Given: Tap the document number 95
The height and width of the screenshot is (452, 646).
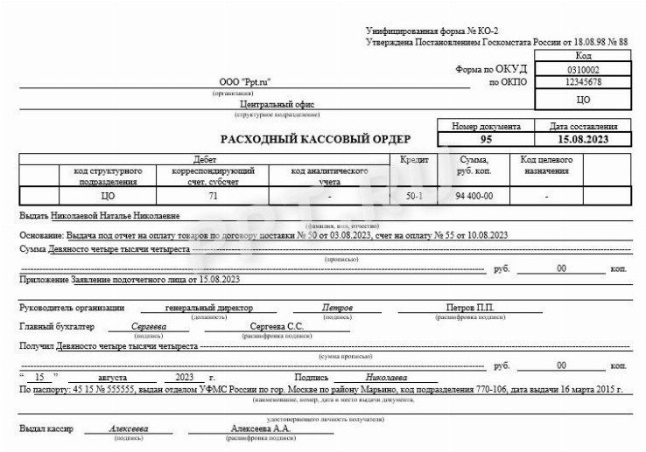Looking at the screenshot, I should [x=486, y=139].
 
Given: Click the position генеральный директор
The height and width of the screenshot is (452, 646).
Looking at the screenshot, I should [x=208, y=308].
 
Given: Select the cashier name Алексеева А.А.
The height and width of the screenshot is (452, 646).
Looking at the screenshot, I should [x=258, y=428].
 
